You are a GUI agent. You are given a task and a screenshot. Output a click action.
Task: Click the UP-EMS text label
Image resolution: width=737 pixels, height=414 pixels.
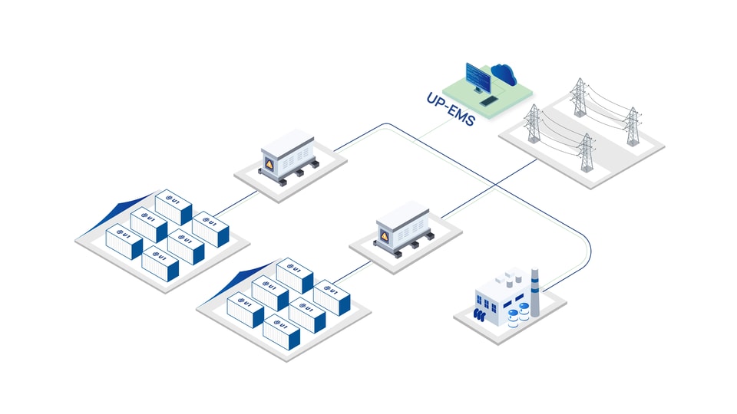pos(451,109)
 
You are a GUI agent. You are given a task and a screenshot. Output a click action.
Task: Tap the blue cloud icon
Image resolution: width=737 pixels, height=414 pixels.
pos(504,74)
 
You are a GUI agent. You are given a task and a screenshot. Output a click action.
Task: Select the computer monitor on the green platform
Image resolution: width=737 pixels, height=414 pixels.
pos(478,77)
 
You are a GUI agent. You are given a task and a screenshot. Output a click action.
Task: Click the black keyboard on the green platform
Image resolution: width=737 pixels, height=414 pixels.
pos(489,100)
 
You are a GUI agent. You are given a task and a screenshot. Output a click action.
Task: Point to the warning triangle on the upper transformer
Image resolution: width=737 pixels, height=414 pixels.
pos(269,164)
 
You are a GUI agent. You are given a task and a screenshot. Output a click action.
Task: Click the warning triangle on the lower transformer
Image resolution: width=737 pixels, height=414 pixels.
pos(385,236)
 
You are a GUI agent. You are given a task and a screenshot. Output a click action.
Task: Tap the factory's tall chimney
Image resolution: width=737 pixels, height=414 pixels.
pos(535,292)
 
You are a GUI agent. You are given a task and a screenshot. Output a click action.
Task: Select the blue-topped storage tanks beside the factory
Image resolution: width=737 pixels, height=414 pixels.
pos(518,314)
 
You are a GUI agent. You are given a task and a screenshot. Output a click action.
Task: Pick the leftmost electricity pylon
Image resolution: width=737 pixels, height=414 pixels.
pos(533,123)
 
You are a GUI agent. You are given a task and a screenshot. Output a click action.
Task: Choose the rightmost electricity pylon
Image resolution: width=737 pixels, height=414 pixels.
pos(633,127)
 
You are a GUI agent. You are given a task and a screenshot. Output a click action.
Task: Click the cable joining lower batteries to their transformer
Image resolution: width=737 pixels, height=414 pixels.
pos(351,273)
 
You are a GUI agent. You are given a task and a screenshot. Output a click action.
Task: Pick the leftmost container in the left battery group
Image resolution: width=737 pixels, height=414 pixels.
pos(124,242)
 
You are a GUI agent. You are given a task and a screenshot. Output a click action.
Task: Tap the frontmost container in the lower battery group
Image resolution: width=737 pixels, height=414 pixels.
pos(281,332)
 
